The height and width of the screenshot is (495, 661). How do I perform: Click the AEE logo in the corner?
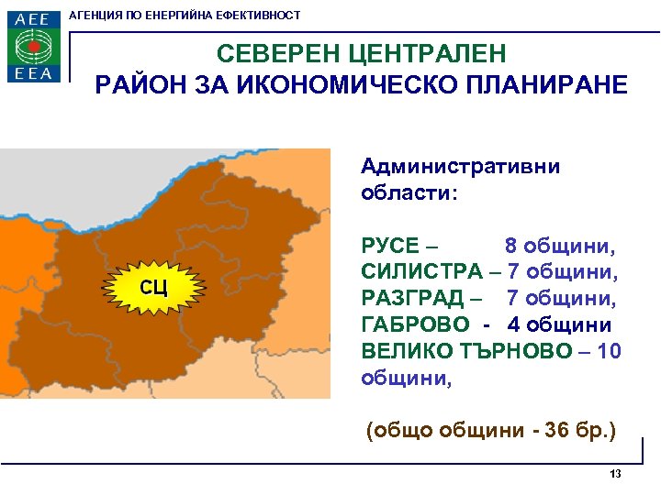pos(35,46)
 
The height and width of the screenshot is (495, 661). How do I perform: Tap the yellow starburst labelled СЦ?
pos(152,288)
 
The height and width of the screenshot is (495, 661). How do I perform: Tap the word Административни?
pos(460,166)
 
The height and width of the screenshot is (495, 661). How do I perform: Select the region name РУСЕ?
pos(390,247)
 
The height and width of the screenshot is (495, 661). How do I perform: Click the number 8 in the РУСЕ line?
pos(511,247)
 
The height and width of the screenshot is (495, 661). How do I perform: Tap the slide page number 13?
pos(615,474)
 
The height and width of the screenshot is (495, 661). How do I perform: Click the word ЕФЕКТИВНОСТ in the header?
pos(262,16)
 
